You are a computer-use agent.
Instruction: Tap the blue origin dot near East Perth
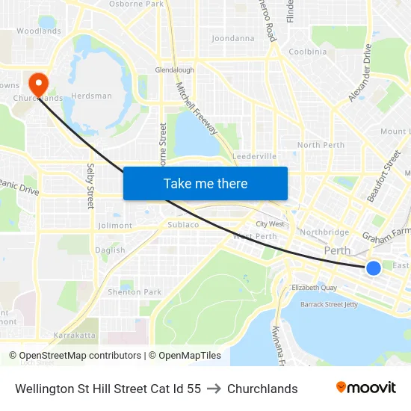pos(373,268)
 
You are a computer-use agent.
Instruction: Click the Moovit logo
pos(365,388)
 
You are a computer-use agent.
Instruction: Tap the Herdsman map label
pos(91,96)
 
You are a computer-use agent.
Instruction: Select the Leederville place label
pos(254,156)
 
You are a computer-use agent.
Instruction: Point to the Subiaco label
pos(183,224)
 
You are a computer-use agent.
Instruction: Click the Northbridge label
pos(324,232)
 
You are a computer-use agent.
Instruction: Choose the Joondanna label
pos(232,38)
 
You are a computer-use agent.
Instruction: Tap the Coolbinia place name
pos(308,52)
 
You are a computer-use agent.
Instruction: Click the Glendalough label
pos(174,70)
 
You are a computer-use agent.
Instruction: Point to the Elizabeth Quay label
pos(315,288)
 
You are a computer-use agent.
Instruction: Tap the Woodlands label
pos(39,31)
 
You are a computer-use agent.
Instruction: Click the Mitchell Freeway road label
pos(197,109)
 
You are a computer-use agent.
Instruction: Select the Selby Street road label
pos(90,186)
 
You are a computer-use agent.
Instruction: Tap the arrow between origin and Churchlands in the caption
pos(214,389)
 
